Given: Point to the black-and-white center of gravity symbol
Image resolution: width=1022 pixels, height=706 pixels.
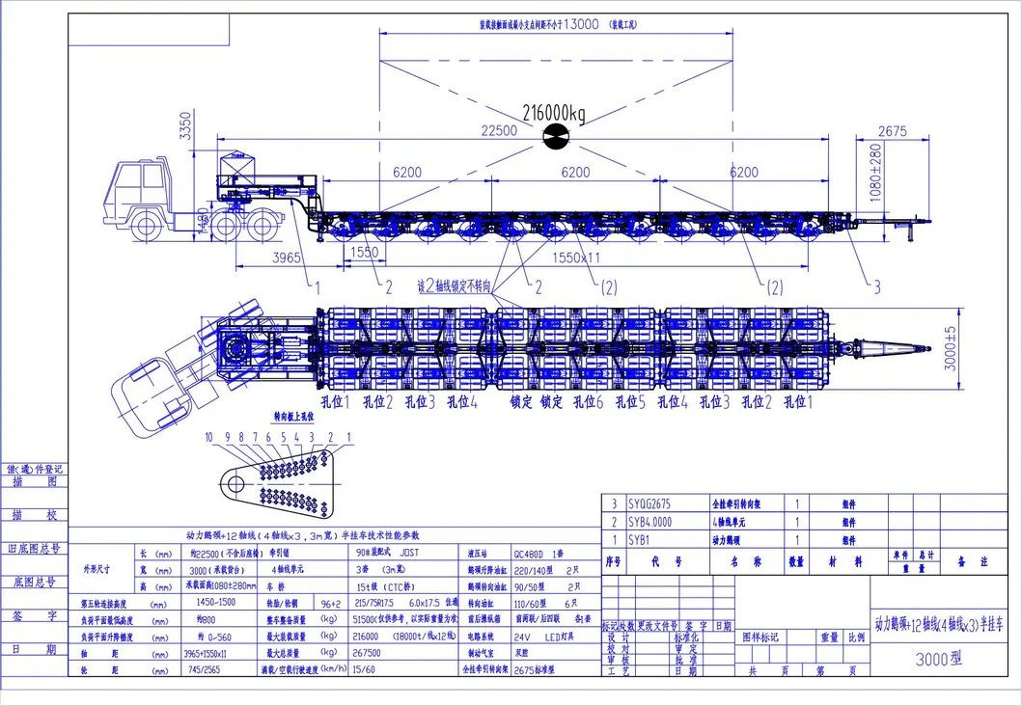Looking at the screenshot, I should point(556,137).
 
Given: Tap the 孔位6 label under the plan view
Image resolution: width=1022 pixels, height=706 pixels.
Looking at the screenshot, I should point(590,402).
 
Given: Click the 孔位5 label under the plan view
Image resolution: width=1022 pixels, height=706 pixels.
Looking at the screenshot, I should point(630,402).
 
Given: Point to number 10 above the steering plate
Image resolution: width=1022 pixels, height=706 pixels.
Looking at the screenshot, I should point(208,437).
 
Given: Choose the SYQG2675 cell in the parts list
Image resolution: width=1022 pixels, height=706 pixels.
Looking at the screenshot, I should point(649,503).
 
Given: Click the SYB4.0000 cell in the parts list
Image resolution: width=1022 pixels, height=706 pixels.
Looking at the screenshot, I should point(650,522).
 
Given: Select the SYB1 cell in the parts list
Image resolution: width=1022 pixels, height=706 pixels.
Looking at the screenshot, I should point(640,539).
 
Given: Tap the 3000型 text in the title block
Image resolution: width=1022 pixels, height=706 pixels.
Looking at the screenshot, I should point(940,661).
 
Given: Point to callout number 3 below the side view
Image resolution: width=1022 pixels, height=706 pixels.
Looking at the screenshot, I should point(876,286).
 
